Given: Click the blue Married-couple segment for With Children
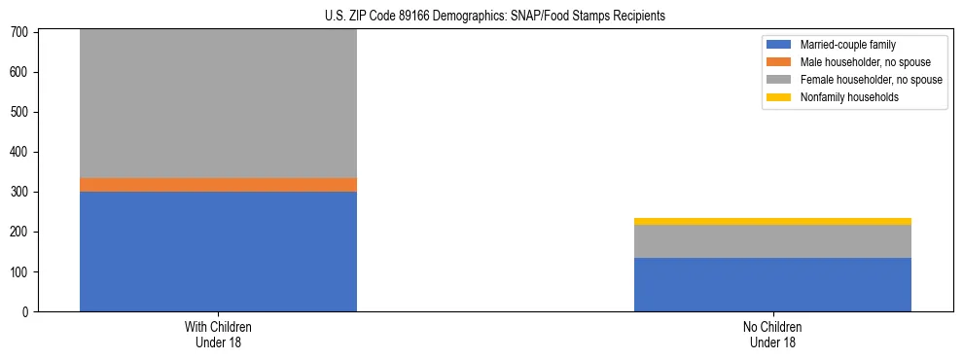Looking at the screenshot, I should [218, 251].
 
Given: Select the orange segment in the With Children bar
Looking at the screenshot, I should [218, 185].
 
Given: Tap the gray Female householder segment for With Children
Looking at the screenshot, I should [218, 103].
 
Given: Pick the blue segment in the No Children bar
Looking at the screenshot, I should [772, 284].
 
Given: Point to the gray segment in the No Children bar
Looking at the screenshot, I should [772, 241].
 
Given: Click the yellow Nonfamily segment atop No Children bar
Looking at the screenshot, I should [772, 222].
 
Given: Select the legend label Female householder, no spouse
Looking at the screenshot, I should [871, 80].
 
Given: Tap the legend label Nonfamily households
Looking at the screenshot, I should [849, 97].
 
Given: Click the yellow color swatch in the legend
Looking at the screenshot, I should [779, 97].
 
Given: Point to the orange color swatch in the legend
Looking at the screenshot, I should [779, 62].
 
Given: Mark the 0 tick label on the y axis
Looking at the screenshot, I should [27, 312].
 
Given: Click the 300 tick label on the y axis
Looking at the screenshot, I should [21, 193].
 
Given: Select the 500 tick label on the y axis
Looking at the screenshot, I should [21, 113].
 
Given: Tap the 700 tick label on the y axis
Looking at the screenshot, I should [21, 33].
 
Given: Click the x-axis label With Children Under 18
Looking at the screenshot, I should [218, 335].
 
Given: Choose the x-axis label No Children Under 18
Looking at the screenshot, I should [772, 335].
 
